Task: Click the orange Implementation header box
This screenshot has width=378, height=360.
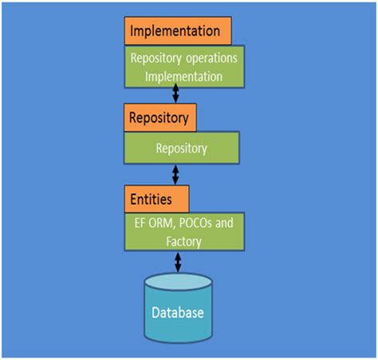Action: (178, 31)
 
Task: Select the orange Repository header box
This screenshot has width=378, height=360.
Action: (159, 119)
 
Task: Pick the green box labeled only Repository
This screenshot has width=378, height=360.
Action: (182, 148)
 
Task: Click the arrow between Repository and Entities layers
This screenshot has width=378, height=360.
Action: (175, 174)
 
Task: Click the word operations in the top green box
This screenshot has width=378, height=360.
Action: (209, 59)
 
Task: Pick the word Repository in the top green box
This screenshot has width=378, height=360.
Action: (156, 59)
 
